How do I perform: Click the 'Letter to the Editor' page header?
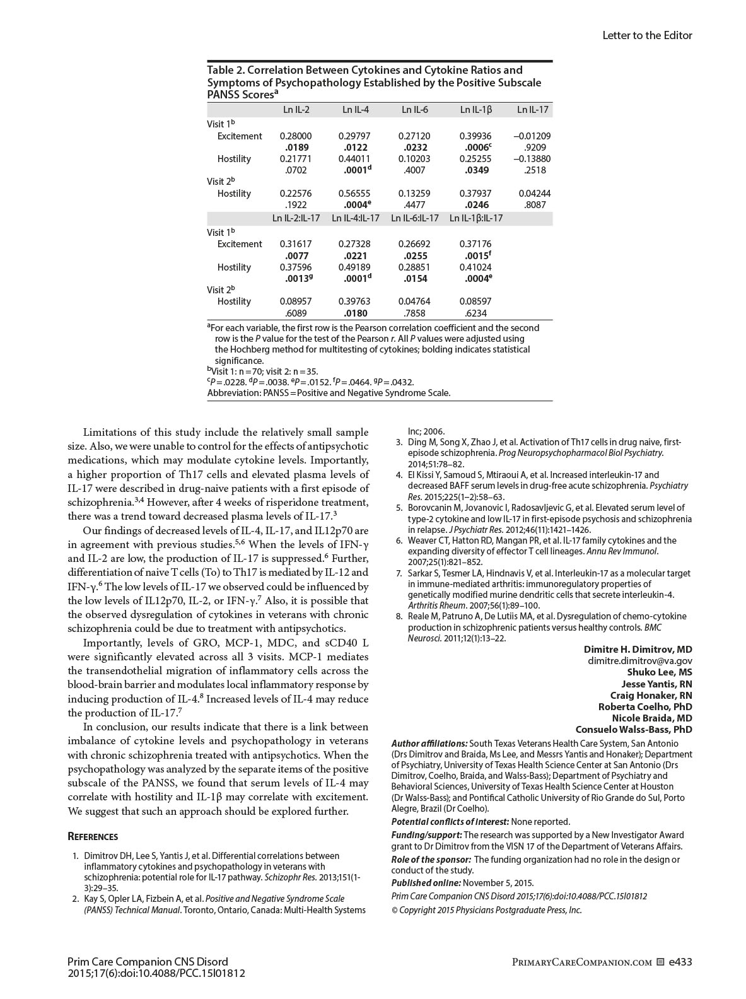coord(647,35)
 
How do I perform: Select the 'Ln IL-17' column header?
coord(533,110)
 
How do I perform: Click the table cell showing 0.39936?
coord(475,136)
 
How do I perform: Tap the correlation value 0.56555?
coord(354,194)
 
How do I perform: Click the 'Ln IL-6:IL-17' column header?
coord(414,218)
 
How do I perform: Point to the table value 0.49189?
coord(354,267)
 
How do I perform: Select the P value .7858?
coord(414,313)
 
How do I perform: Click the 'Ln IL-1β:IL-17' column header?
coord(476,218)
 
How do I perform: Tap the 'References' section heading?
coord(93,837)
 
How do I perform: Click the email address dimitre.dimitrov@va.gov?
coord(640,661)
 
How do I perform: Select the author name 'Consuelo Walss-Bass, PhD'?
coord(634,730)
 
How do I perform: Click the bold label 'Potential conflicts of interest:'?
coord(450,822)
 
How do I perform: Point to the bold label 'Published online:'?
coord(426,883)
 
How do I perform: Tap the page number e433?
coord(680,962)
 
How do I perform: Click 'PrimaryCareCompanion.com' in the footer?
coord(581,962)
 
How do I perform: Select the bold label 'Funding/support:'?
coord(426,835)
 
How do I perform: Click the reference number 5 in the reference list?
coord(399,508)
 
